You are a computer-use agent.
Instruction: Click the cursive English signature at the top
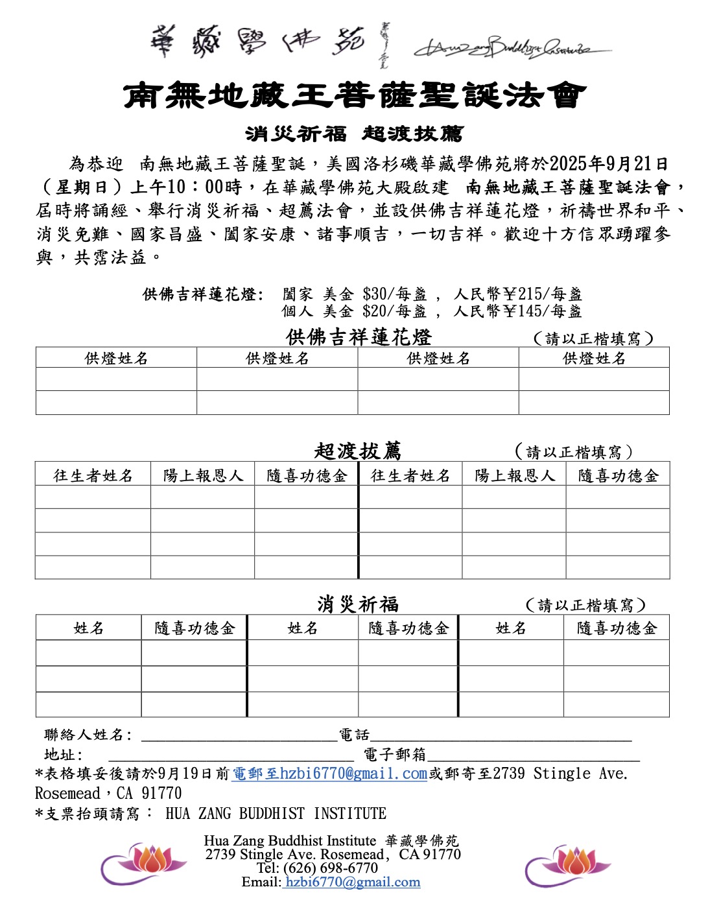pyautogui.click(x=512, y=47)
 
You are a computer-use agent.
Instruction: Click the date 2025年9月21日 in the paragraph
pyautogui.click(x=608, y=164)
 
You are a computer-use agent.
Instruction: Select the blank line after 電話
pyautogui.click(x=501, y=737)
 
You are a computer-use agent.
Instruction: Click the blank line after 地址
pyautogui.click(x=231, y=756)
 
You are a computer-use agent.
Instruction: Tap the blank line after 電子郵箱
pyautogui.click(x=533, y=756)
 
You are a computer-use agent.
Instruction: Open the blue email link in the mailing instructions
pyautogui.click(x=330, y=774)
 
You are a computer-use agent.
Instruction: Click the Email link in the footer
pyautogui.click(x=352, y=882)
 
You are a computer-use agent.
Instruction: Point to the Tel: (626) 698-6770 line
pyautogui.click(x=317, y=868)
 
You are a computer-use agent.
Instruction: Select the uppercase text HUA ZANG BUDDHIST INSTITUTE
pyautogui.click(x=276, y=813)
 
